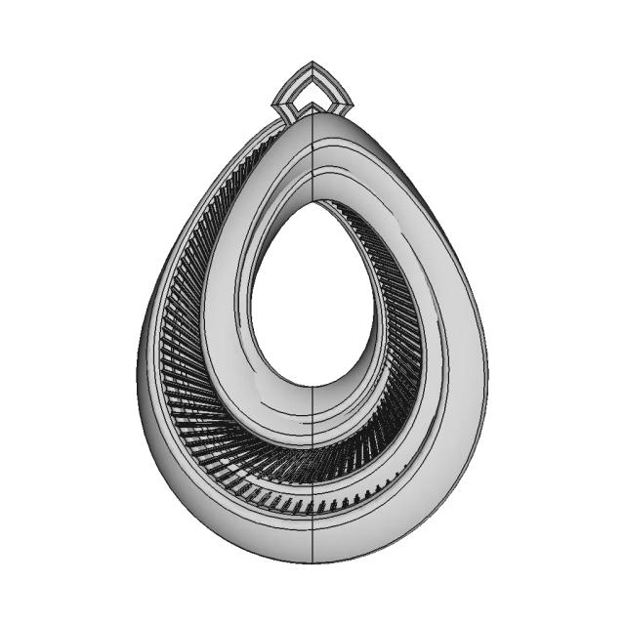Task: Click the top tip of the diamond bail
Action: tap(312, 63)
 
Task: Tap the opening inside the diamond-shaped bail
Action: tap(312, 93)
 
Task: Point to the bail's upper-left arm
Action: tap(292, 80)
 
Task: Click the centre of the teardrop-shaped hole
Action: tap(311, 298)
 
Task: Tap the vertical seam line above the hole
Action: tap(312, 156)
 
